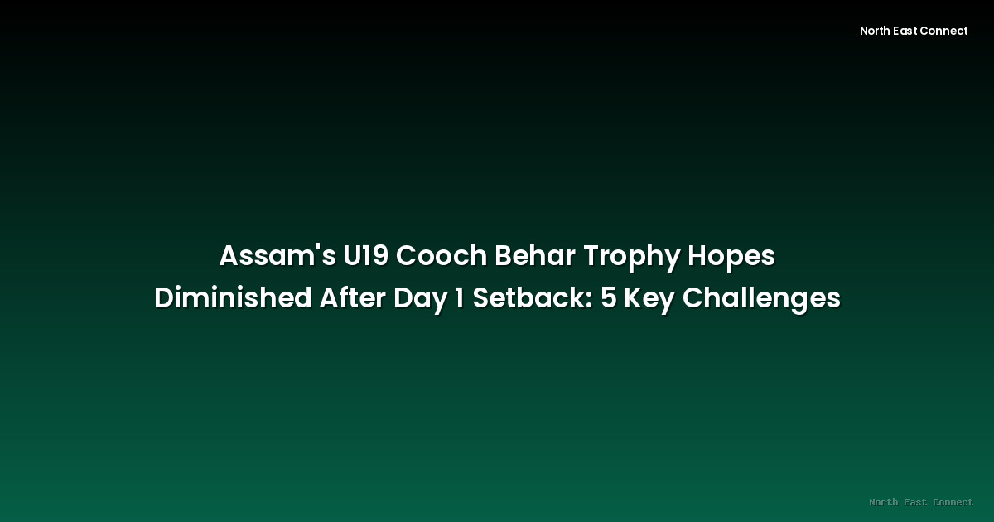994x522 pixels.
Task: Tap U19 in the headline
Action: (x=365, y=257)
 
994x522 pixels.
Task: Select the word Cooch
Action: (x=441, y=257)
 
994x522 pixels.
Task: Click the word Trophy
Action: (x=631, y=258)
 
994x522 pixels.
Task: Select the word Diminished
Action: (x=233, y=298)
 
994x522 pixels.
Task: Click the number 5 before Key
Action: (x=609, y=298)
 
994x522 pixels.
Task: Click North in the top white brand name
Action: (x=875, y=31)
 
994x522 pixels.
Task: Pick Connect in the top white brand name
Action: (x=944, y=31)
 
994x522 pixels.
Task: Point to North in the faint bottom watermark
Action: (x=883, y=502)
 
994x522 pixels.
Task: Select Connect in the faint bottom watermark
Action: (x=953, y=502)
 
